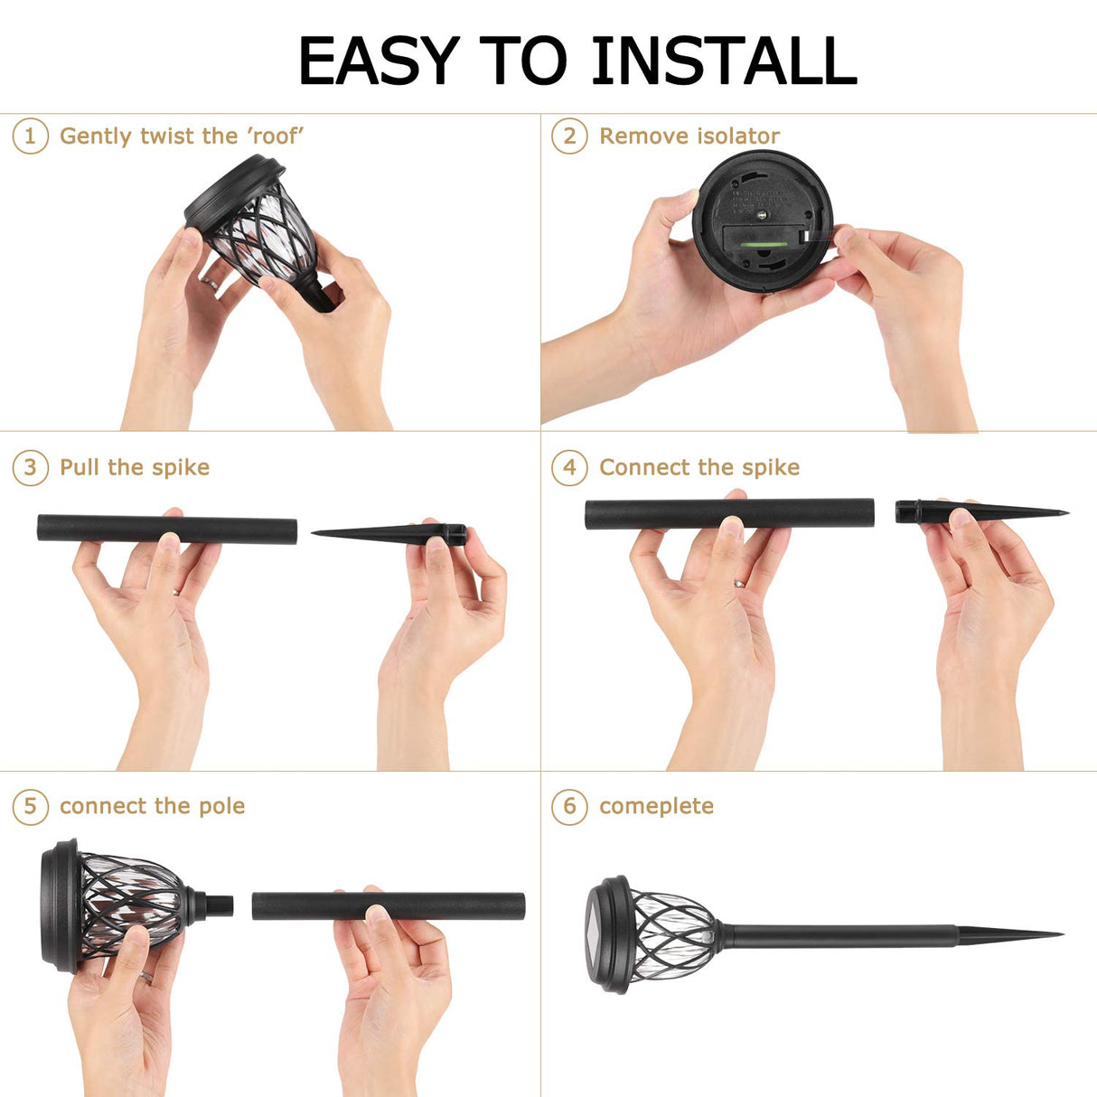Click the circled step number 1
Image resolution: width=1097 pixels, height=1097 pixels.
click(30, 136)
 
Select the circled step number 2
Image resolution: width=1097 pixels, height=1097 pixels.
click(569, 136)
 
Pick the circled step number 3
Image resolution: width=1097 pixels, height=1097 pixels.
click(30, 467)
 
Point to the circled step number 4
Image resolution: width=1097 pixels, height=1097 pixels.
click(569, 467)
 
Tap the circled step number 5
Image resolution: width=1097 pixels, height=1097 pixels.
click(30, 806)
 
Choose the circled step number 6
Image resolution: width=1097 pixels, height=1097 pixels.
click(569, 806)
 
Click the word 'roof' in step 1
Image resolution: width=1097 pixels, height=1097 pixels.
click(276, 136)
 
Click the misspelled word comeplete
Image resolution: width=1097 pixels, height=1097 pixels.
click(656, 806)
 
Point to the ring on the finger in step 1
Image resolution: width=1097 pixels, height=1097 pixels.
click(210, 283)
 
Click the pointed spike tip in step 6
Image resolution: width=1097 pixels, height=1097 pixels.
click(1053, 934)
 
